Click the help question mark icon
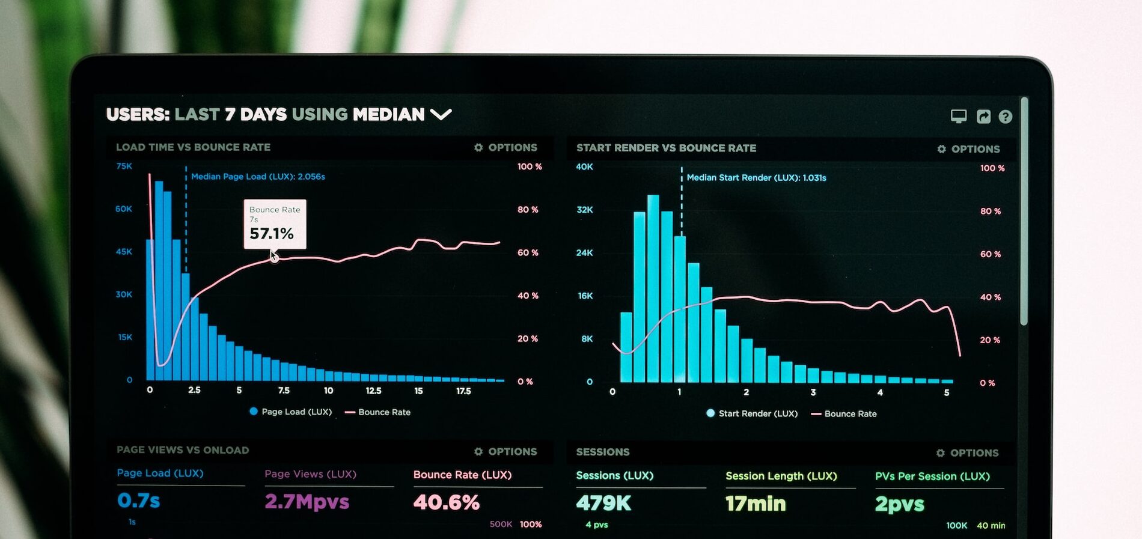point(1005,117)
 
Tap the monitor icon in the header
point(959,116)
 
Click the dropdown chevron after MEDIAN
point(441,114)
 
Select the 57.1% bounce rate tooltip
point(275,224)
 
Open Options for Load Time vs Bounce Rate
point(505,147)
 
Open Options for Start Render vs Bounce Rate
point(968,149)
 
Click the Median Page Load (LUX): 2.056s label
point(258,177)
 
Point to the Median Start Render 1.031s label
point(756,178)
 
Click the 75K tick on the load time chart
point(124,166)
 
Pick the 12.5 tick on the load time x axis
point(373,391)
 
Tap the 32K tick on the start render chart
point(584,210)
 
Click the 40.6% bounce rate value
point(446,502)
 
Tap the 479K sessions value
point(603,503)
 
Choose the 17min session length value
point(756,504)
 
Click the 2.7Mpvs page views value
point(307,501)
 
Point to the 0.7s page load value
point(139,500)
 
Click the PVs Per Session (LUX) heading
point(932,477)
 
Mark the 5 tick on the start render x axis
point(947,392)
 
